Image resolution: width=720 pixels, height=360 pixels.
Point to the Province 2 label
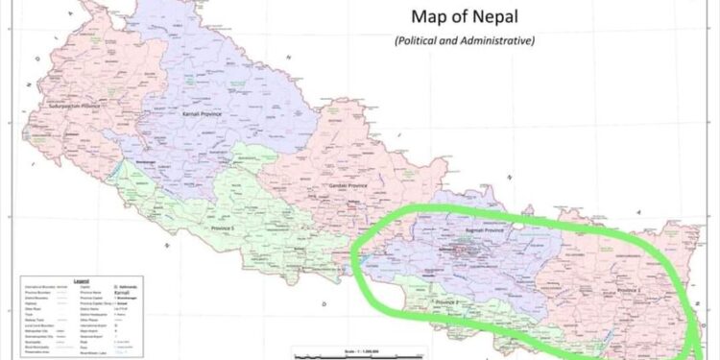447,302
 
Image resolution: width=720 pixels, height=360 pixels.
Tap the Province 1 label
630,290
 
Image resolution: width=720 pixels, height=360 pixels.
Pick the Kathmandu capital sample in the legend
132,287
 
